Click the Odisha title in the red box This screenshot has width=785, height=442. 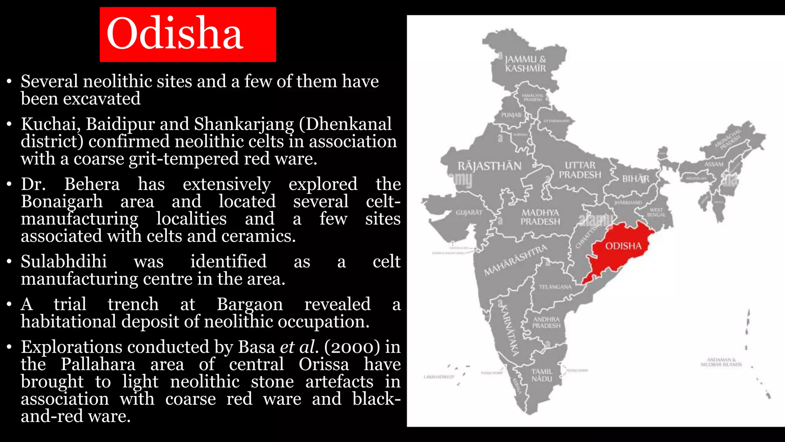pyautogui.click(x=175, y=34)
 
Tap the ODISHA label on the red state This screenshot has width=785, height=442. pyautogui.click(x=623, y=246)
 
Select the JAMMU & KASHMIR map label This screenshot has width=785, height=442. pyautogui.click(x=525, y=64)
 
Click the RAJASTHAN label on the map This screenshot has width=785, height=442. pyautogui.click(x=489, y=166)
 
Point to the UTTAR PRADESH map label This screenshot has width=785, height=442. pyautogui.click(x=580, y=170)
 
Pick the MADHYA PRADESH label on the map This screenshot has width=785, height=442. pyautogui.click(x=540, y=217)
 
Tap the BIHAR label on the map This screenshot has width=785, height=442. pyautogui.click(x=636, y=179)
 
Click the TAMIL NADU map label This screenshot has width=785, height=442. pyautogui.click(x=542, y=375)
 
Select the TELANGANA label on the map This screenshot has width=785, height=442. pyautogui.click(x=555, y=287)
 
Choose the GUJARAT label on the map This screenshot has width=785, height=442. pyautogui.click(x=469, y=212)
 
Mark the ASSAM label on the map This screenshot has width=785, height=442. pyautogui.click(x=714, y=164)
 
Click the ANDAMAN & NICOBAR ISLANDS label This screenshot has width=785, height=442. pyautogui.click(x=721, y=362)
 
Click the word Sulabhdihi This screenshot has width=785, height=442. pyautogui.click(x=64, y=262)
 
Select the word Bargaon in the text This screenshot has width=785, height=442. pyautogui.click(x=250, y=305)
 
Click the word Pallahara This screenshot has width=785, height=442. pyautogui.click(x=98, y=364)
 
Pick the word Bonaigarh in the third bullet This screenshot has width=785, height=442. pyautogui.click(x=62, y=202)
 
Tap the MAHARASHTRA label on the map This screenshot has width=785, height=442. pyautogui.click(x=516, y=260)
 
